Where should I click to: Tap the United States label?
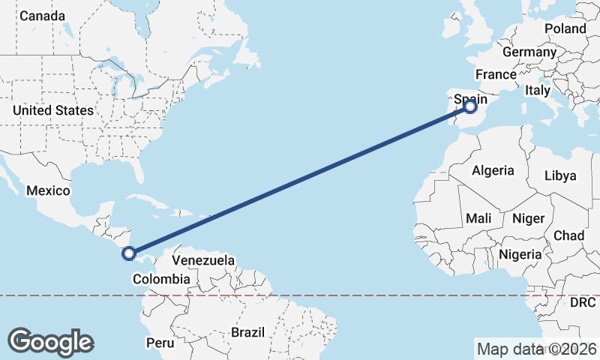[x=52, y=110]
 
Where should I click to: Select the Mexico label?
[x=48, y=190]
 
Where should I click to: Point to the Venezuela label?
[x=203, y=260]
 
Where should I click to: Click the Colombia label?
[x=160, y=279]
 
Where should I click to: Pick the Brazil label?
[x=248, y=331]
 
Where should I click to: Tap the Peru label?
[x=160, y=343]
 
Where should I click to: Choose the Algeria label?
[x=493, y=170]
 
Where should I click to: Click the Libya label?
[x=560, y=175]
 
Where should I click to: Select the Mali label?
[x=478, y=218]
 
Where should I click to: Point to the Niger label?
[x=527, y=218]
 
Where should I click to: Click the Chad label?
[x=568, y=235]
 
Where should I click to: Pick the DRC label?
[x=582, y=303]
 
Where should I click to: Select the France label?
[x=496, y=74]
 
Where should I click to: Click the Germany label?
[x=529, y=52]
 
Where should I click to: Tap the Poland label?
[x=566, y=28]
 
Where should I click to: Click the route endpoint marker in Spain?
[x=470, y=106]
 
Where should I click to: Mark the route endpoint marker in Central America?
[x=129, y=254]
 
